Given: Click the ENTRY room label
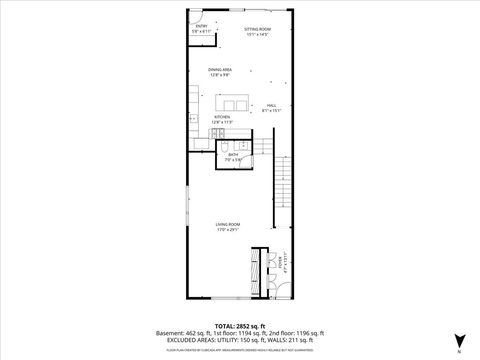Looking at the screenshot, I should point(200,28).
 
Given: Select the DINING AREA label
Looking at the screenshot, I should point(220,70).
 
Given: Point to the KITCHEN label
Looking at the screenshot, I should point(222,117).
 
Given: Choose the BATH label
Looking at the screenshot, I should point(233,154).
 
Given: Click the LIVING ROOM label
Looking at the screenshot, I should point(229,224).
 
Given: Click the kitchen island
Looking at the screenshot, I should point(236,103).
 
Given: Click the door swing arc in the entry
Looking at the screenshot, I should point(196,17).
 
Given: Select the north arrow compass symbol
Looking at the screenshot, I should point(458,339).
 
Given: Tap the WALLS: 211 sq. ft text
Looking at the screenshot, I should point(293,341).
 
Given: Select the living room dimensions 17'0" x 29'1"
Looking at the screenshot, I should point(229,230).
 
